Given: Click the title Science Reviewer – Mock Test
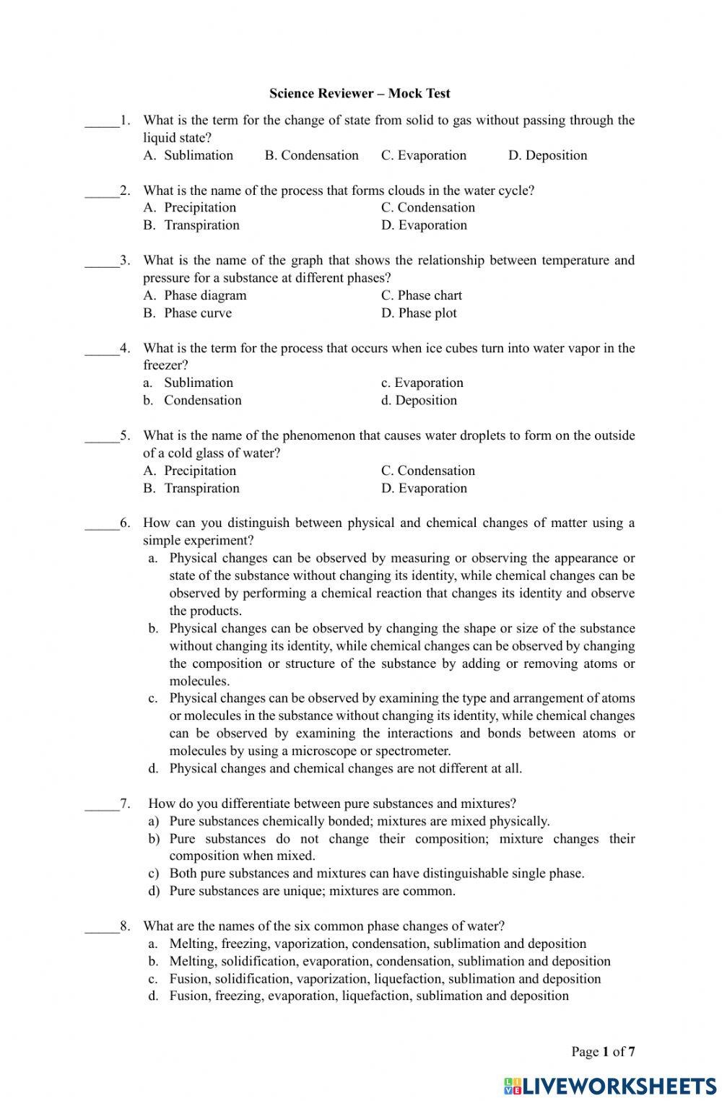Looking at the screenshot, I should [x=360, y=93].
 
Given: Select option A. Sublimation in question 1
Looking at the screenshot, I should [x=188, y=155].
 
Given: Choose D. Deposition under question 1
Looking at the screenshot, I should [x=547, y=155].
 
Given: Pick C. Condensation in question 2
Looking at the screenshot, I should [x=428, y=207].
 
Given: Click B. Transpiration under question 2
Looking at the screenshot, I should [x=191, y=225].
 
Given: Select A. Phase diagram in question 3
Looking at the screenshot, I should [x=195, y=295].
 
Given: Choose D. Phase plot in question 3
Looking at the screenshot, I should [x=419, y=313].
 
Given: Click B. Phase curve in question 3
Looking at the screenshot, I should [x=188, y=313].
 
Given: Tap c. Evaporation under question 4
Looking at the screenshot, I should [x=422, y=383].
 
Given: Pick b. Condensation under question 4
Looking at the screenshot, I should [x=193, y=400].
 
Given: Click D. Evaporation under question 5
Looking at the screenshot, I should [x=424, y=488].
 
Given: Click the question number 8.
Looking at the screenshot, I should [x=126, y=926].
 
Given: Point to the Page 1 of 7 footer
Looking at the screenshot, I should [x=603, y=1051].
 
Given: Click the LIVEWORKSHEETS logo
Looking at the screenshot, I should [x=610, y=1085].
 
